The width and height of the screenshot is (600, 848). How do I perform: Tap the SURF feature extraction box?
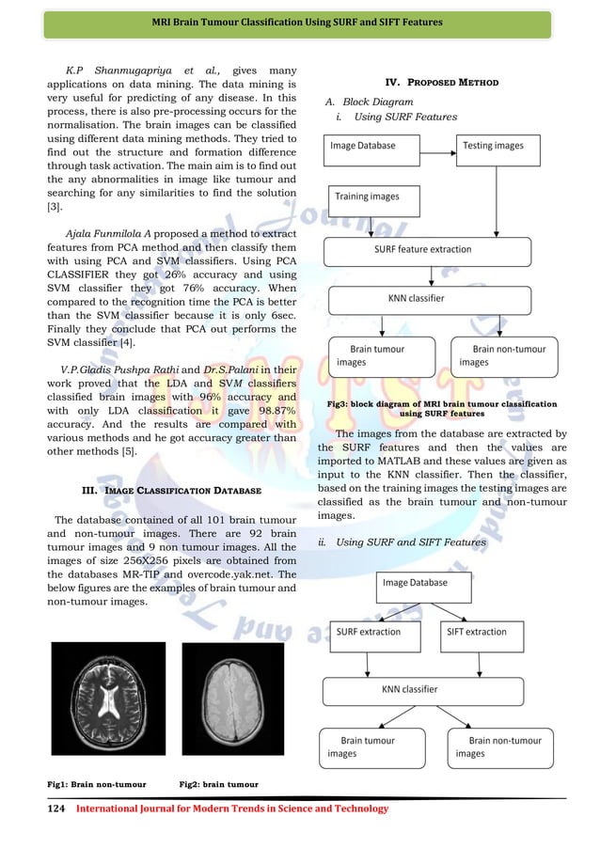click(429, 250)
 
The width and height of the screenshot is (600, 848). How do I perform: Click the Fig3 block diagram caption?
click(442, 408)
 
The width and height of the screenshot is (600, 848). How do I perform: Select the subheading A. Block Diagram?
click(369, 102)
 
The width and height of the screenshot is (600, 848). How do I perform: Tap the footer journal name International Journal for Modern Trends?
click(231, 809)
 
